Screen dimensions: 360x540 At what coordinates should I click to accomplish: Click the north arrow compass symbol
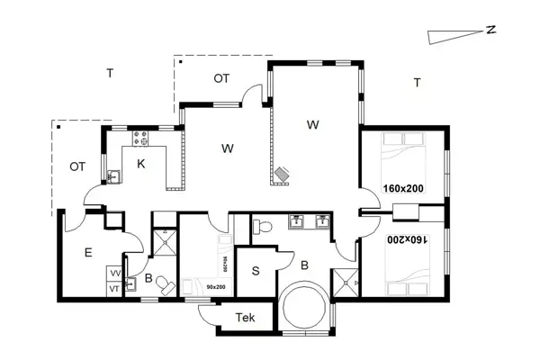click(454, 32)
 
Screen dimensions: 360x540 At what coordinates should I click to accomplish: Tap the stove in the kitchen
click(141, 139)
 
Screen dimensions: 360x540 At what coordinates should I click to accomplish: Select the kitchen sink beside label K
click(114, 175)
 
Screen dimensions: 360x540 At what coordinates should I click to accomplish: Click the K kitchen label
click(141, 164)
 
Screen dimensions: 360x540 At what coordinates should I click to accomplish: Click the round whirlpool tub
click(303, 307)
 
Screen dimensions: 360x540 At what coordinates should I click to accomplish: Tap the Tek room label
click(245, 318)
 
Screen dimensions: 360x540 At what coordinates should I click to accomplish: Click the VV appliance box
click(115, 273)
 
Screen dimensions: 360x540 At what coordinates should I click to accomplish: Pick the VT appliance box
click(115, 288)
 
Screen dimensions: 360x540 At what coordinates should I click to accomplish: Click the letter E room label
click(88, 254)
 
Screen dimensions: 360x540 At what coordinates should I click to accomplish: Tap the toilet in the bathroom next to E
click(165, 286)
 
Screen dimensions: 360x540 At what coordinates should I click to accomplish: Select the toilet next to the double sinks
click(261, 228)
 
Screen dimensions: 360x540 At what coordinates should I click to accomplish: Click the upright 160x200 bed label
click(403, 189)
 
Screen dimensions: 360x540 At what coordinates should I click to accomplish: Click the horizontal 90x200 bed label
click(215, 286)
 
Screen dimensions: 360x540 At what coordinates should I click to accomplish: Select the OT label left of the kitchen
click(77, 166)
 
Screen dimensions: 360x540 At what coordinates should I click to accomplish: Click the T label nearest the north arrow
click(417, 83)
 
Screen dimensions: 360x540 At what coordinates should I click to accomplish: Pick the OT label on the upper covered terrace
click(221, 78)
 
